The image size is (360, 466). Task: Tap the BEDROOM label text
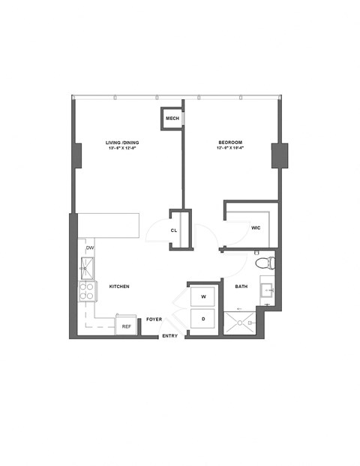[x=229, y=143]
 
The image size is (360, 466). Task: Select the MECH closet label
[x=172, y=119]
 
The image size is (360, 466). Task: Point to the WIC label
[x=256, y=227]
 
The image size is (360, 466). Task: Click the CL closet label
[x=174, y=230]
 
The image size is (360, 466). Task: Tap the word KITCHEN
[x=120, y=287]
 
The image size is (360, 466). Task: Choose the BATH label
[x=241, y=286]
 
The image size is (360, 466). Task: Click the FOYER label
[x=154, y=320]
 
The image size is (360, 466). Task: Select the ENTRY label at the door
[x=170, y=335]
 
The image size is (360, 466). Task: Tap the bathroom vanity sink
[x=267, y=289]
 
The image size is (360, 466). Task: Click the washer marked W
[x=203, y=297]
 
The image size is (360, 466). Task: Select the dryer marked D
[x=203, y=320]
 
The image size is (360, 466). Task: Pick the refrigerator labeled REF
[x=126, y=326]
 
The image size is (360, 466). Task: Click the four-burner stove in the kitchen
[x=87, y=291]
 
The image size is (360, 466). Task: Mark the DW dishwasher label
[x=89, y=248]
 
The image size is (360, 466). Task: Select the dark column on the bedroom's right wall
[x=279, y=155]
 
